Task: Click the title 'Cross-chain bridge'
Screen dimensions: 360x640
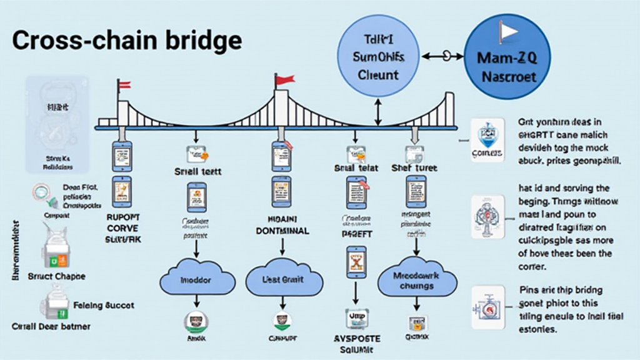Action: tap(127, 41)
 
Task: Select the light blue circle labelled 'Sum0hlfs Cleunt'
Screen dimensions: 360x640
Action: tap(378, 57)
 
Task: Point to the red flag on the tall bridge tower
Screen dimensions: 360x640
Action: tap(285, 79)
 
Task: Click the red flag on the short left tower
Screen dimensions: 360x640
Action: tap(124, 85)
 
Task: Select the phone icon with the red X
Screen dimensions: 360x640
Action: tap(355, 262)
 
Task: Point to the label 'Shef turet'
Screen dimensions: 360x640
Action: tap(413, 168)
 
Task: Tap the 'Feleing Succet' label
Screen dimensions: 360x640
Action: tap(104, 306)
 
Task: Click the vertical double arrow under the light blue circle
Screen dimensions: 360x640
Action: tap(377, 112)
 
